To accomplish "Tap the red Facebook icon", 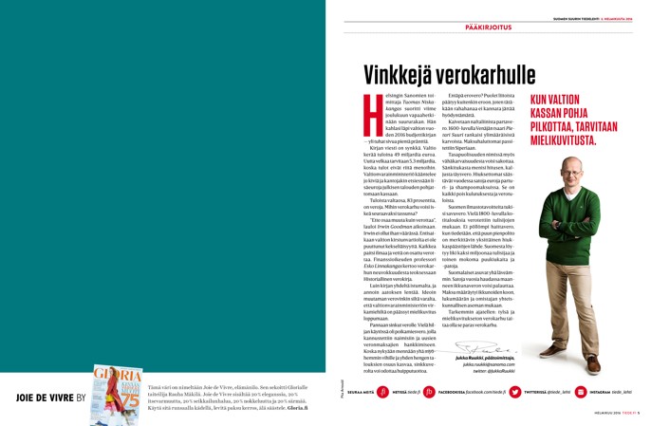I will tap(429, 392).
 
